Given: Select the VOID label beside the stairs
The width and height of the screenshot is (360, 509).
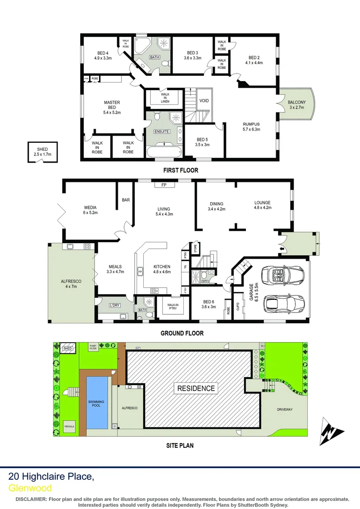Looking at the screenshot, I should [204, 101].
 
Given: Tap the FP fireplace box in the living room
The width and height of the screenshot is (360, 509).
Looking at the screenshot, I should [164, 185].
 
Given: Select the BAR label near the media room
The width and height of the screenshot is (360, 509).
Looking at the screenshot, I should [126, 200].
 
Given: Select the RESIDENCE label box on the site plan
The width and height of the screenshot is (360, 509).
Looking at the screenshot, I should [196, 388].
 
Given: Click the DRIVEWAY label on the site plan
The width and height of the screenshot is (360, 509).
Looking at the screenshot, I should [285, 410].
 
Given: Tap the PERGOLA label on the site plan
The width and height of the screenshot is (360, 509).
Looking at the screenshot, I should [69, 427].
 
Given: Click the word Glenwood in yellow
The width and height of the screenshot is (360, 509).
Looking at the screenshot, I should [30, 488].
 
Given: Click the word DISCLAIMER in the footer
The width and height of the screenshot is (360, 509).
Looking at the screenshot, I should [31, 499].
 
